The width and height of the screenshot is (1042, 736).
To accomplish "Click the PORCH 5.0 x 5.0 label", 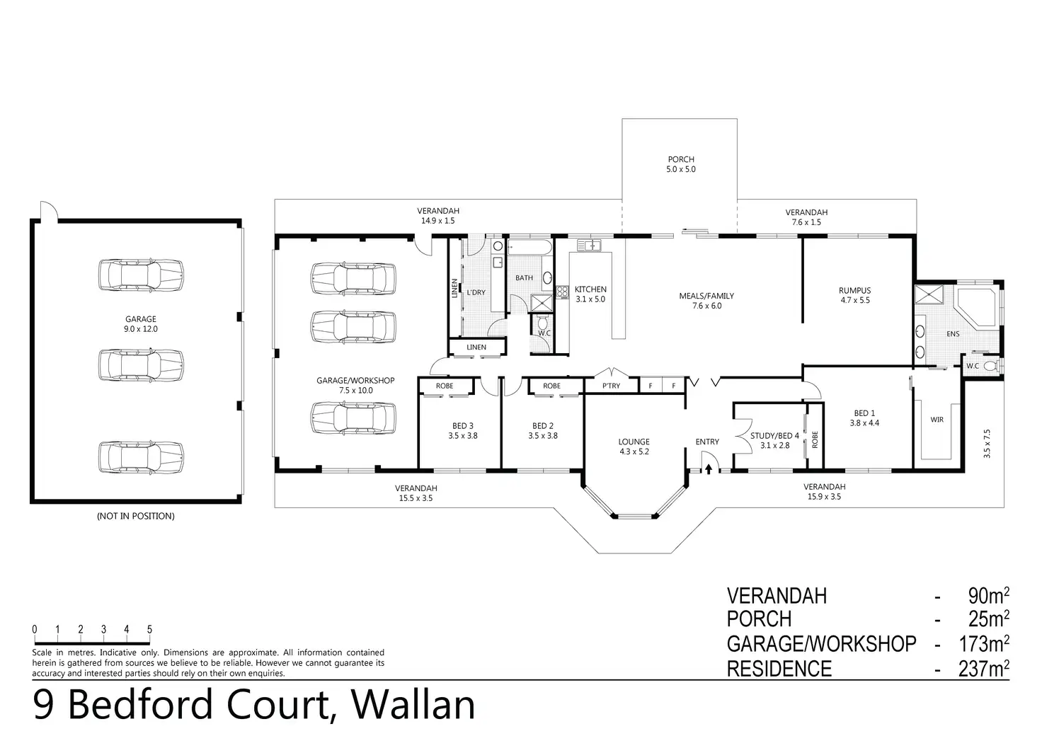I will pos(681,164).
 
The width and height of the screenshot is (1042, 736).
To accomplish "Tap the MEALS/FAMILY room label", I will pos(706,301).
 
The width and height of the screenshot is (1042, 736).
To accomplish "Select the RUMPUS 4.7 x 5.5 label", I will pos(854,295).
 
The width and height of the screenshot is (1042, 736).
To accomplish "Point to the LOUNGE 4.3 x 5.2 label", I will pos(634,447).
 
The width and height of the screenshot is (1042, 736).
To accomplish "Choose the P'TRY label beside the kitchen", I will pos(610,386).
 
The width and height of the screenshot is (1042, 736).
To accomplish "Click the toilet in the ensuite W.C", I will pos(997,366).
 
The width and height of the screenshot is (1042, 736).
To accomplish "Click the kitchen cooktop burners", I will pos(562,292).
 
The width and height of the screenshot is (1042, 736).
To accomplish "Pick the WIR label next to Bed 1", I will pos(937,420).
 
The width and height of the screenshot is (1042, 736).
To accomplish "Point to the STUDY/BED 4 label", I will pos(774,440).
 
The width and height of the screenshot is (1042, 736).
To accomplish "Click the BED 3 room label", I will pos(462,430).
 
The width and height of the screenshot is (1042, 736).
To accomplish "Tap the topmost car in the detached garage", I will pos(141,274).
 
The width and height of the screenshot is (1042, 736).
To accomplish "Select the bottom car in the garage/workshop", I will pos(353,417).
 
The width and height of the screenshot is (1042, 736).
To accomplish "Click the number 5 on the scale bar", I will pos(149,629).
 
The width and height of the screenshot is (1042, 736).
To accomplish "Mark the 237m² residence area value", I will pos(983,669).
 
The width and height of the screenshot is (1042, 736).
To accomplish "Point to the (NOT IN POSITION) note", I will pos(135,516).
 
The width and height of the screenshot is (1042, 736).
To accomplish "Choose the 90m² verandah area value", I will pos(987,596).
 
